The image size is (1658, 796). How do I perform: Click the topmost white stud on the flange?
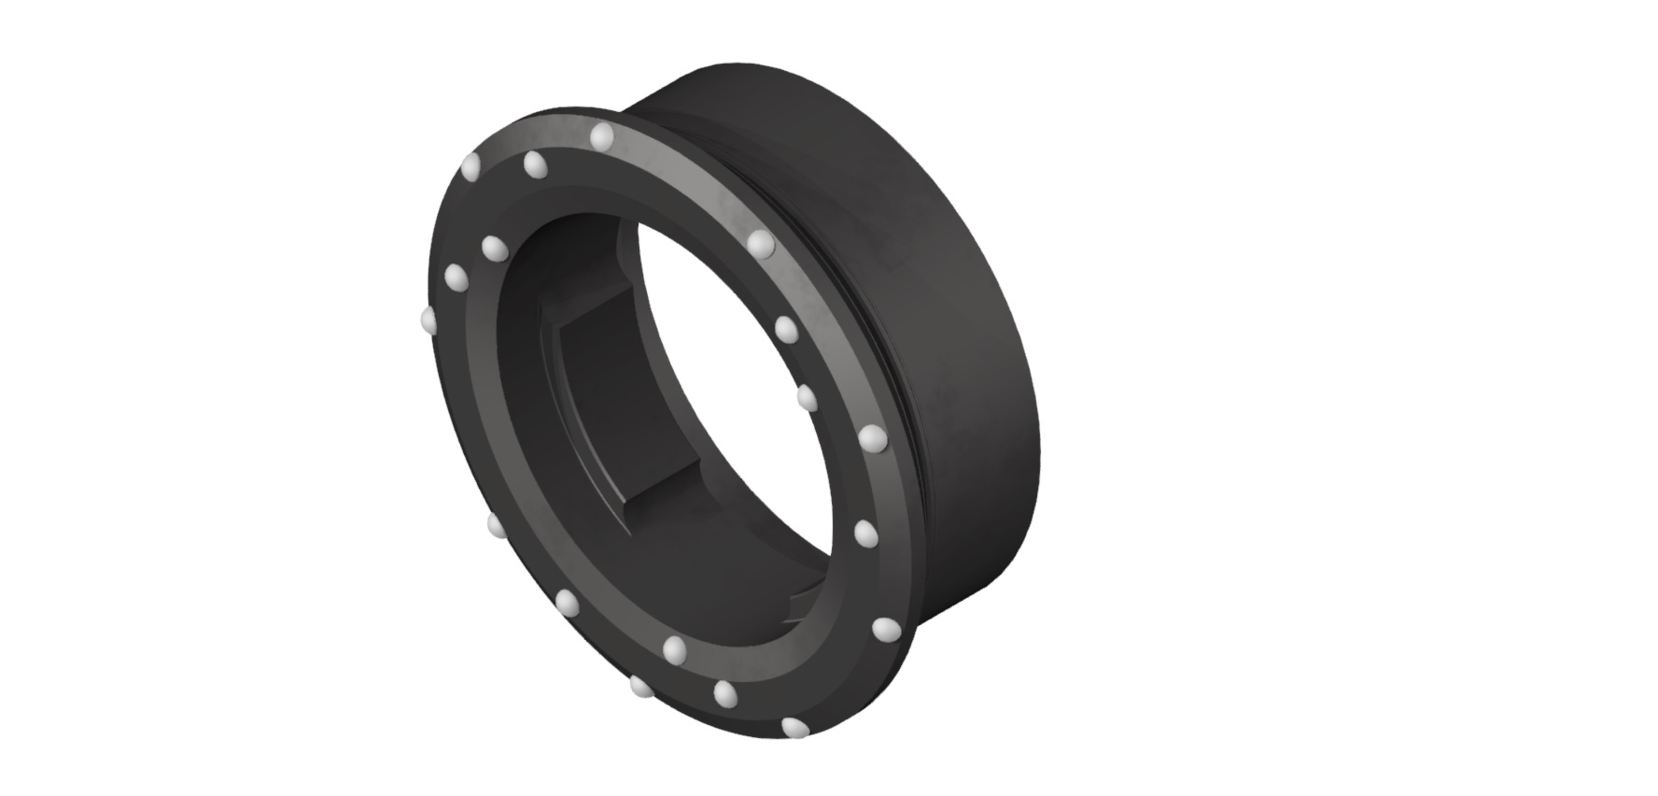602,136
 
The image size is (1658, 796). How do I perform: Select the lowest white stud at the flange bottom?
795,728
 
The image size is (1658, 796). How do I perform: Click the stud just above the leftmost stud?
456,278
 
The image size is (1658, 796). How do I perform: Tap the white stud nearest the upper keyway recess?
494,248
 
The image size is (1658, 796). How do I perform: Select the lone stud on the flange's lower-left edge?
496,525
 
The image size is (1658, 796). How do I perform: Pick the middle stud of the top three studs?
535,164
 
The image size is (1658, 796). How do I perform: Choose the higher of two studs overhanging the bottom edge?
641,686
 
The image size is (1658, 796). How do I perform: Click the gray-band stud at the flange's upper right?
761,243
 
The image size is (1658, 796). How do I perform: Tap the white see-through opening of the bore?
740,387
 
